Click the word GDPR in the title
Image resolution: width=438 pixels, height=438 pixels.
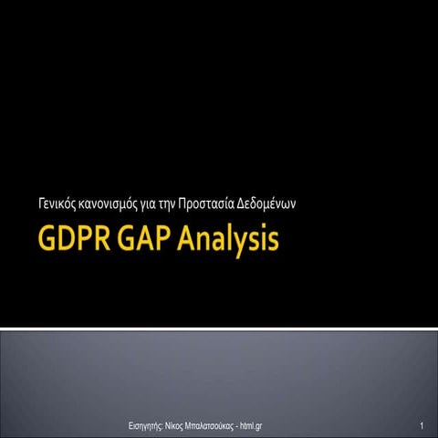(x=72, y=243)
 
